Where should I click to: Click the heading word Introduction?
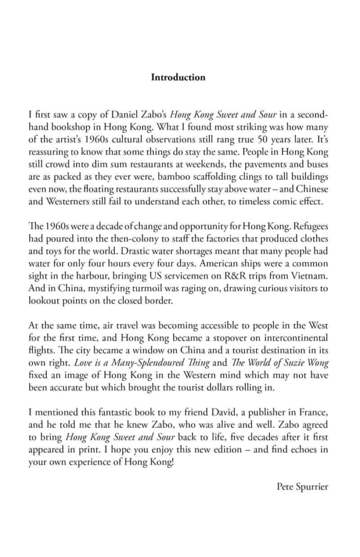[178, 78]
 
